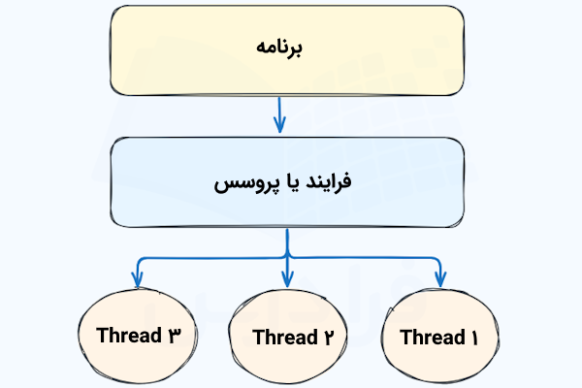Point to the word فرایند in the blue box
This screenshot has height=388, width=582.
(x=331, y=181)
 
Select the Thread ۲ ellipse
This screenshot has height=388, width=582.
(x=286, y=337)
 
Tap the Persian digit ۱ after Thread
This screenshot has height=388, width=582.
(x=475, y=338)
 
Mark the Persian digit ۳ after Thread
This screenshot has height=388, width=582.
(x=175, y=336)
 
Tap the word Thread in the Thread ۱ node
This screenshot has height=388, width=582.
(x=432, y=338)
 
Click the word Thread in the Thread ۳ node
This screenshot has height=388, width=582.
(x=129, y=336)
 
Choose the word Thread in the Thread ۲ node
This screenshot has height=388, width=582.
(x=283, y=338)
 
